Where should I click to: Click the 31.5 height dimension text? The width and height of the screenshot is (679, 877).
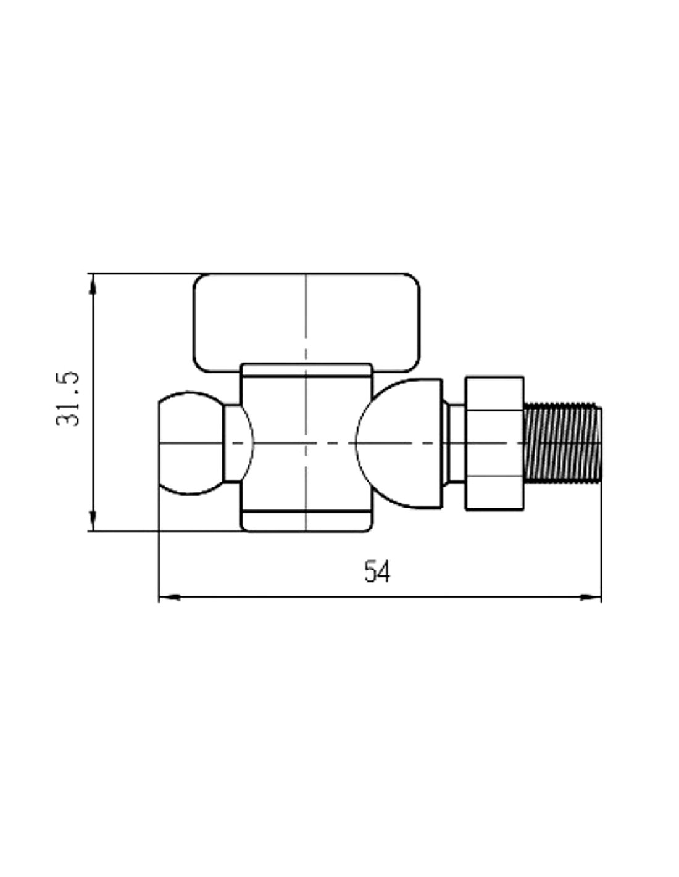click(67, 399)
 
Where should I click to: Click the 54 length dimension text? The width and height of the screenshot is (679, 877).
click(377, 572)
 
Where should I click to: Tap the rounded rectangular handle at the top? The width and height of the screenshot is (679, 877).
click(306, 323)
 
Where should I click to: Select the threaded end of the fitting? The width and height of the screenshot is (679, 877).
click(562, 443)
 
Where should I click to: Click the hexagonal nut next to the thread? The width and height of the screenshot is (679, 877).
click(495, 443)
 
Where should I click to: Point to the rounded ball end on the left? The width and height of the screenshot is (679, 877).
click(191, 443)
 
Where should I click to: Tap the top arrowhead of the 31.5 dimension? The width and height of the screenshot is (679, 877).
click(93, 286)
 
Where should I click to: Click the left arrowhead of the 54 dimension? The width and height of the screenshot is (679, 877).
click(170, 597)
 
